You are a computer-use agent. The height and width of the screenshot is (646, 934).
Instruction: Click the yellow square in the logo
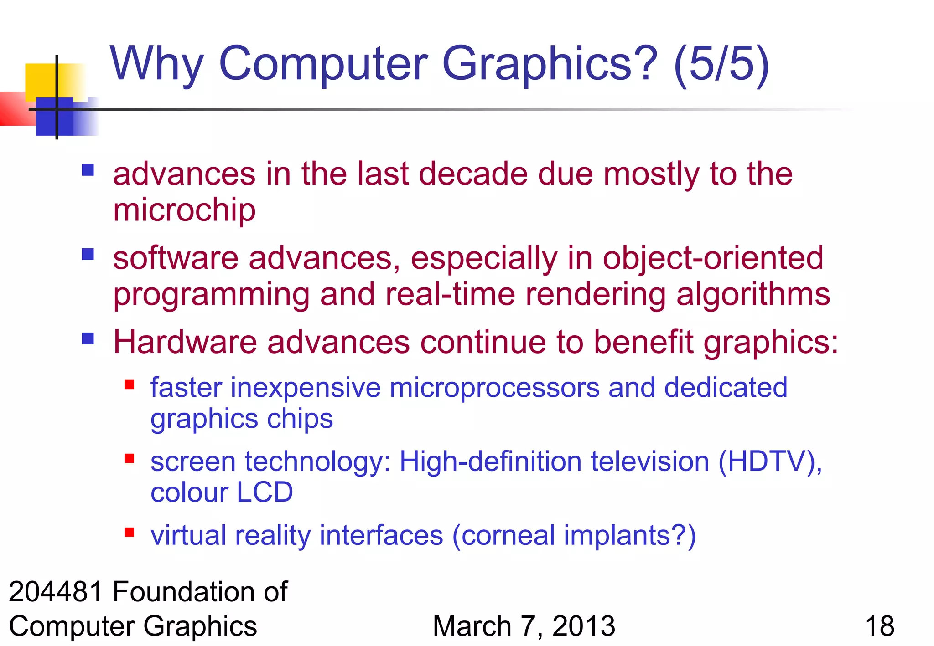[41, 80]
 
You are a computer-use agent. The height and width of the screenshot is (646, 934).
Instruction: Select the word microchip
[184, 210]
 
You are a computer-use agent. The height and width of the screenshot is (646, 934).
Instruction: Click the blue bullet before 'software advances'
[88, 254]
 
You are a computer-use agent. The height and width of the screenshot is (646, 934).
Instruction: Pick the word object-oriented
[713, 258]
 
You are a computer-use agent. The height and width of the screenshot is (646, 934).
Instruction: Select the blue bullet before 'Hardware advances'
[88, 338]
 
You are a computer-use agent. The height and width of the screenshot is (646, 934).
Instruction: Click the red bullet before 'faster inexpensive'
[130, 385]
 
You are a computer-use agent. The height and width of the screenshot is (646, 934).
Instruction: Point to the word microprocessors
[494, 388]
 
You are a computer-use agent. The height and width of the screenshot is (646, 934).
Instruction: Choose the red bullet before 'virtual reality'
[130, 532]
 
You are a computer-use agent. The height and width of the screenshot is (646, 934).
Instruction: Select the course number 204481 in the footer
[56, 592]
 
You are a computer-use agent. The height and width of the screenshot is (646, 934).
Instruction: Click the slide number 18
[879, 626]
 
